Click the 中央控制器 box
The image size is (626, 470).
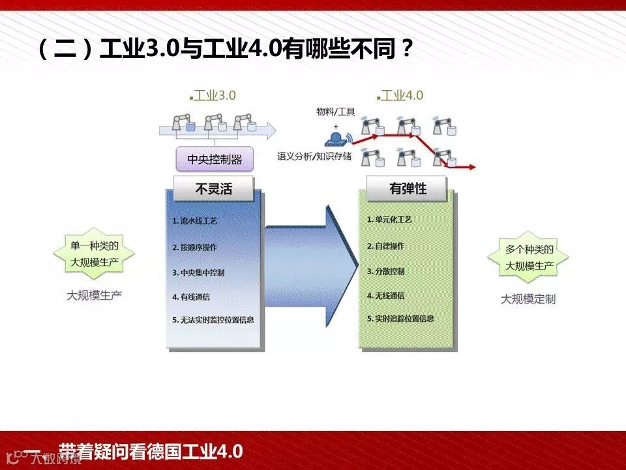[214, 159]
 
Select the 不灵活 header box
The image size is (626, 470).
[213, 189]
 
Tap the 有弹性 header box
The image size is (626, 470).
[408, 189]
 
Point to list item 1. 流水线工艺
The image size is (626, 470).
[195, 221]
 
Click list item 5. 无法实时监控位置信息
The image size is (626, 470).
[213, 320]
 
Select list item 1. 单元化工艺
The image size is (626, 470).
[389, 220]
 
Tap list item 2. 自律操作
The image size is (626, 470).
[385, 246]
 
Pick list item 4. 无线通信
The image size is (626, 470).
[385, 295]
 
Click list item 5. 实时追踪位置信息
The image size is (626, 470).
[400, 319]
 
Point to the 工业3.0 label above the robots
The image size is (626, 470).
[215, 95]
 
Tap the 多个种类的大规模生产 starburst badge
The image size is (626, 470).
[529, 257]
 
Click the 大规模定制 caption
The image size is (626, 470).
[528, 299]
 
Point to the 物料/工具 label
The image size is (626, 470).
[336, 112]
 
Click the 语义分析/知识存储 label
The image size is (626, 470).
[314, 156]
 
